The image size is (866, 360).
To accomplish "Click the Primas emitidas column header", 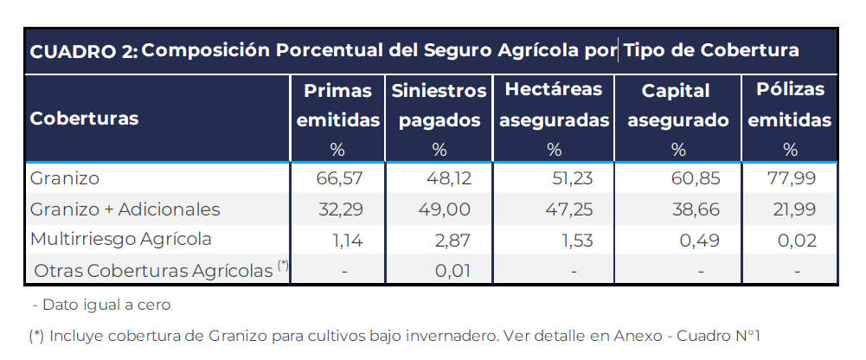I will pos(338,106).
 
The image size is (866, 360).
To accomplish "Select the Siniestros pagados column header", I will pos(439,106).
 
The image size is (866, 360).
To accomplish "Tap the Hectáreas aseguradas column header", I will pos(554,106).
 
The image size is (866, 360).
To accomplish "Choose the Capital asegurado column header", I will pos(677,106).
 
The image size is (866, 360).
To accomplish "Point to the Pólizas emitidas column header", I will pos(790,106).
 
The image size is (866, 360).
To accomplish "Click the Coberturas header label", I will pos(84,119).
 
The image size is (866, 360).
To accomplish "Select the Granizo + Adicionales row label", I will pos(125,209).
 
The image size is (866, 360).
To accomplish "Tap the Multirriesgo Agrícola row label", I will pos(120,239).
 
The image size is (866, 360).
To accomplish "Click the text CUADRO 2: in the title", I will pos(83,51).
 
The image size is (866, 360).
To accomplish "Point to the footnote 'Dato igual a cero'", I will pos(102,305).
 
